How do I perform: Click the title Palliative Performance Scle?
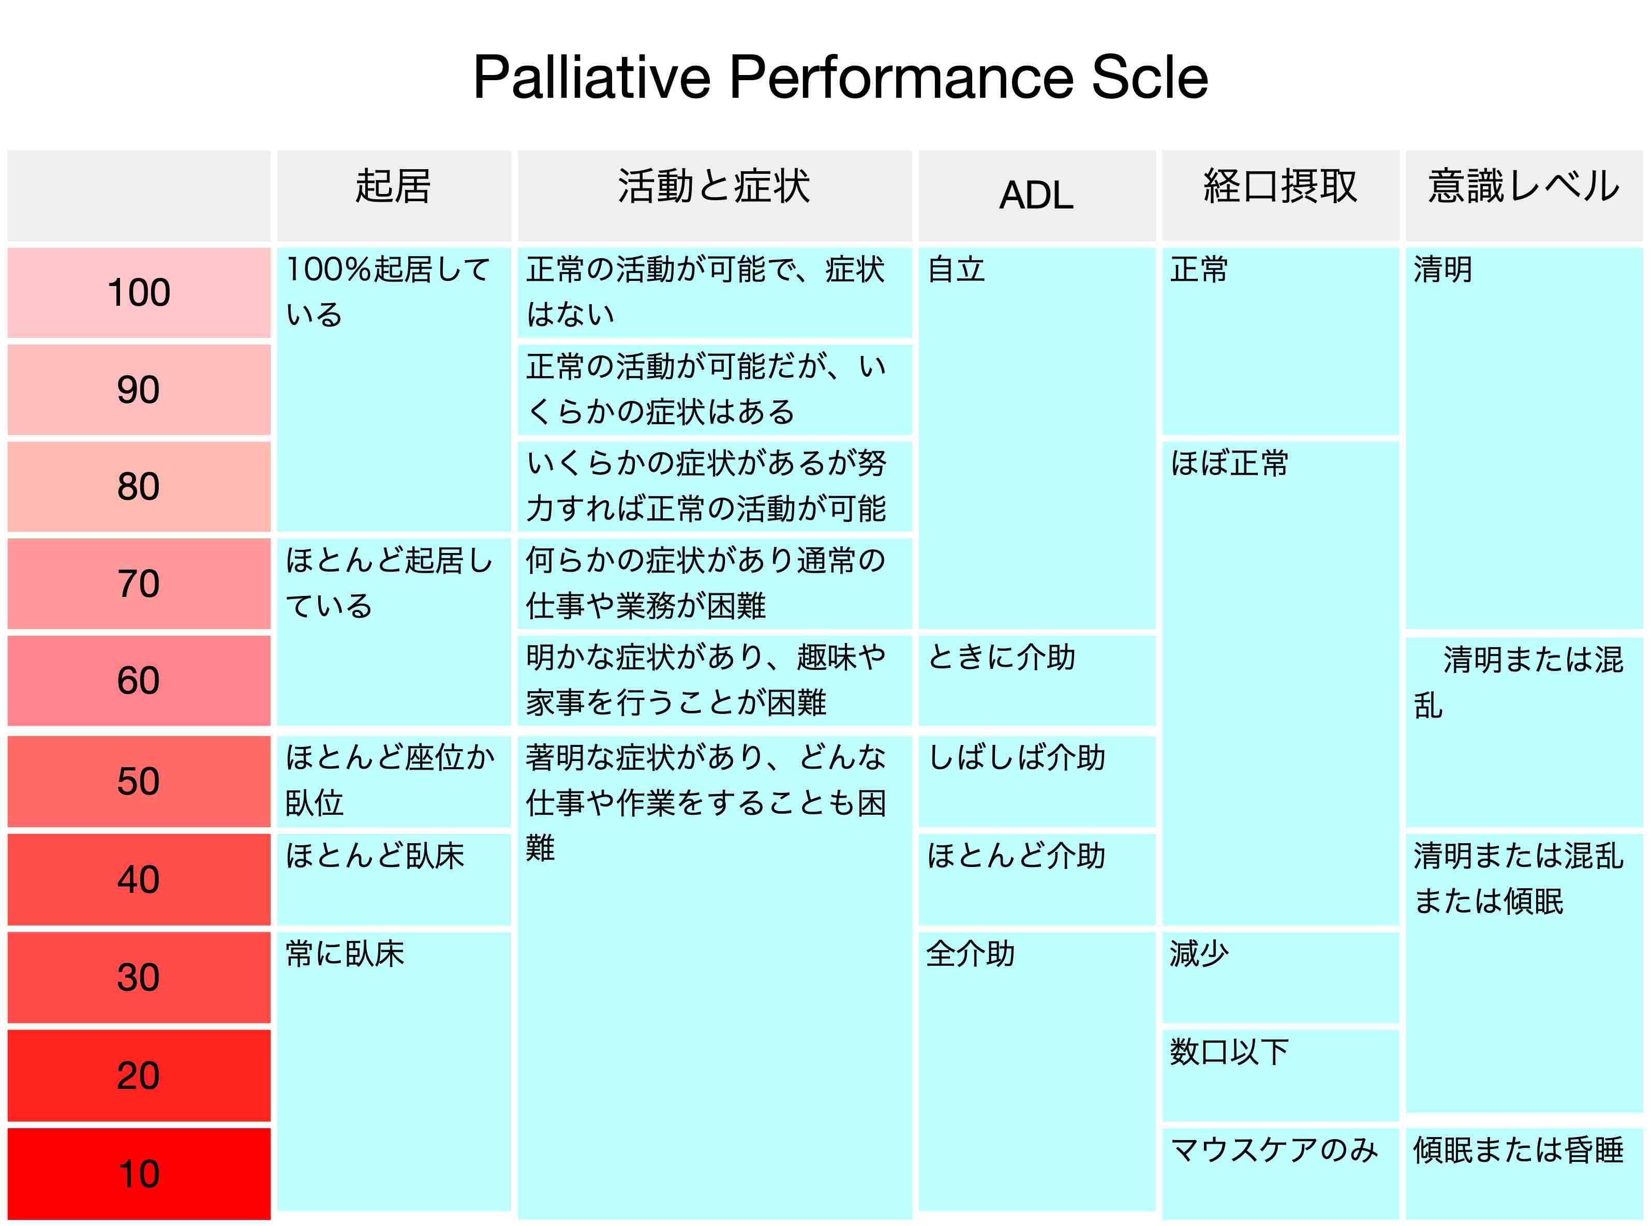click(x=840, y=77)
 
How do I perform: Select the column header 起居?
click(x=393, y=186)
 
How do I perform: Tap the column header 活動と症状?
click(x=713, y=186)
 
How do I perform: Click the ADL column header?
click(x=1036, y=195)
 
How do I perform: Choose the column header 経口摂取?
click(x=1280, y=186)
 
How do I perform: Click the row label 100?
click(x=139, y=292)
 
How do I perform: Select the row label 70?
click(x=139, y=584)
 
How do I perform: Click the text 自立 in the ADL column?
click(x=956, y=270)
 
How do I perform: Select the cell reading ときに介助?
click(x=1002, y=657)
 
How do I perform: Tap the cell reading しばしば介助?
click(x=1017, y=758)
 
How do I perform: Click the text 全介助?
click(x=971, y=953)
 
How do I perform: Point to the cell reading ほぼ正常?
click(x=1229, y=463)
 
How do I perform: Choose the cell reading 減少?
click(x=1200, y=953)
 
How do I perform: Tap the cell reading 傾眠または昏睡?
click(x=1518, y=1149)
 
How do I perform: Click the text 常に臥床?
click(x=345, y=953)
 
